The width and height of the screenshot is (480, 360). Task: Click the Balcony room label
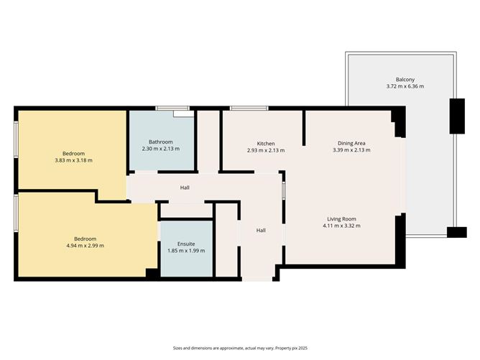(405, 79)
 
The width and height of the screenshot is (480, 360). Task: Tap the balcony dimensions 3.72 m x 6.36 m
(405, 87)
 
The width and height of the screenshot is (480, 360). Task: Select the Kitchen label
(266, 143)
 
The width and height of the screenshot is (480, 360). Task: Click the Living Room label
(342, 218)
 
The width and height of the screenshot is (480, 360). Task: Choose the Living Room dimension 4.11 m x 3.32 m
(342, 226)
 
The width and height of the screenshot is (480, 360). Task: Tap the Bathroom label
(160, 142)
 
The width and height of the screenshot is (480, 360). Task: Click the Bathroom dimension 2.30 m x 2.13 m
(160, 149)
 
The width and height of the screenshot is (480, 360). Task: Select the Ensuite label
(186, 244)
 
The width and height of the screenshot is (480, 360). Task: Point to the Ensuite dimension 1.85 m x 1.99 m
(186, 251)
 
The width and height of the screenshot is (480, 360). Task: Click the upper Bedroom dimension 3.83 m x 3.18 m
(73, 161)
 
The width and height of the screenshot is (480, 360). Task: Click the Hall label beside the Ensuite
(262, 231)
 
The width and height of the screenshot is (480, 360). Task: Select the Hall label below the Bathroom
(185, 188)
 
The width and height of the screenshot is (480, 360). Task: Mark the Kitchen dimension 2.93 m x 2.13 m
(266, 151)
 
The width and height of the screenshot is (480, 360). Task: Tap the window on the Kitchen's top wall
(249, 109)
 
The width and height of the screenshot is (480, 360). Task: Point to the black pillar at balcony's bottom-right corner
(456, 232)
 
